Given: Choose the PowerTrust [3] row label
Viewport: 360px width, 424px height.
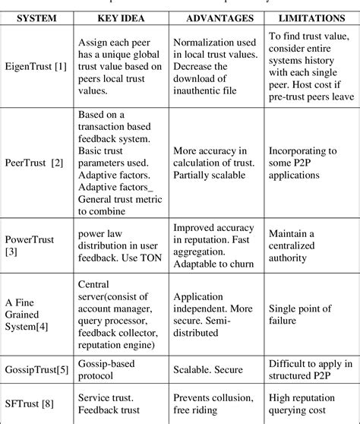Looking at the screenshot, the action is [29, 245].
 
